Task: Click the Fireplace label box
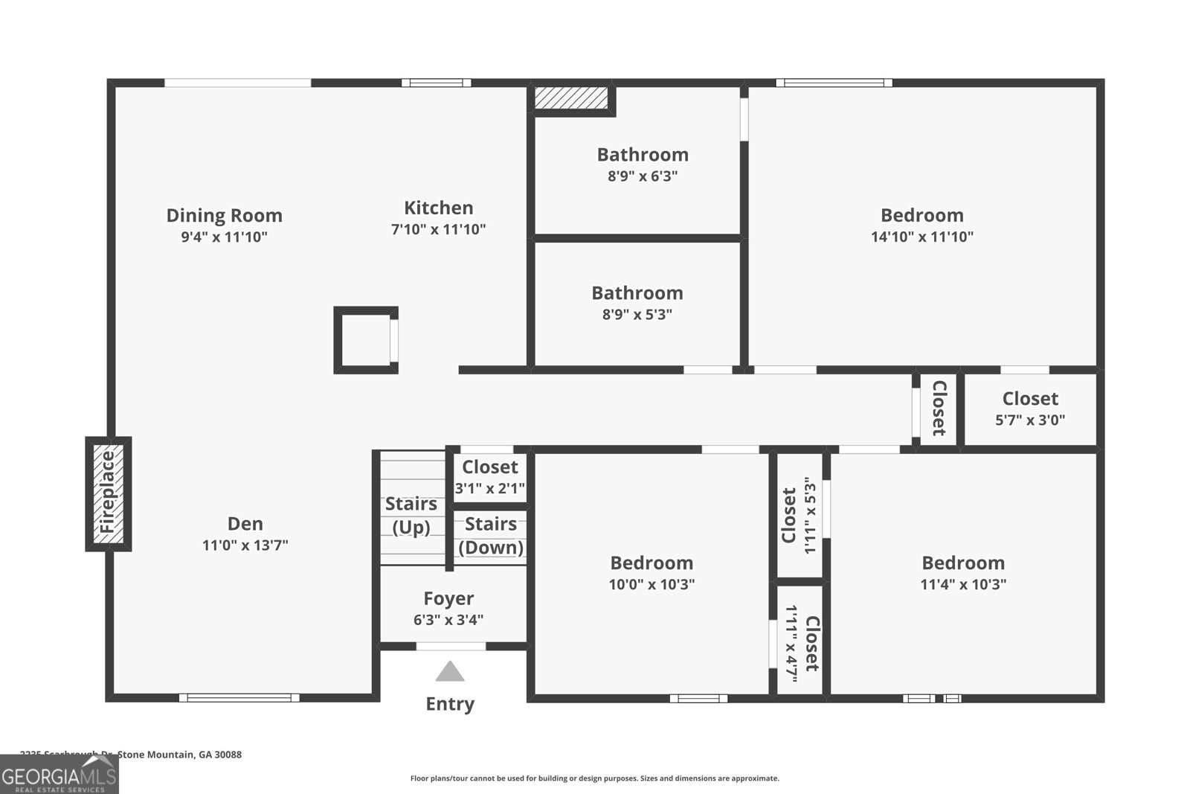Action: tap(109, 493)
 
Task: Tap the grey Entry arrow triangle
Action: tap(450, 672)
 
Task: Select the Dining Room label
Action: tap(224, 216)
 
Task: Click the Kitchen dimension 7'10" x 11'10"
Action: tap(438, 229)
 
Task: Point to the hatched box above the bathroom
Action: tap(571, 97)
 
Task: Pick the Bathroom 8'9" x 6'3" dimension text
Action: tap(643, 176)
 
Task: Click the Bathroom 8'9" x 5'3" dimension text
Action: tap(637, 315)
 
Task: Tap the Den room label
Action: tap(245, 524)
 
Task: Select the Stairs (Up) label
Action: tap(411, 515)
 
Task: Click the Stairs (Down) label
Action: tap(491, 536)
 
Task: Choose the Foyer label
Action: tap(448, 599)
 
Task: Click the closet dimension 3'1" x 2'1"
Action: tap(490, 488)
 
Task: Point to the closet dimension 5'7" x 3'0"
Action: tap(1030, 420)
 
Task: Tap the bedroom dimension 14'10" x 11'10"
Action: tap(922, 237)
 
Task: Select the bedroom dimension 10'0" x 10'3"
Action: tap(652, 584)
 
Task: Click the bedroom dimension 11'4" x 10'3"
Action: tap(963, 584)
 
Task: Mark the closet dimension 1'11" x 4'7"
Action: tap(792, 643)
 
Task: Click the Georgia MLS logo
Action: tap(59, 774)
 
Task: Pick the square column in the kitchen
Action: tap(365, 339)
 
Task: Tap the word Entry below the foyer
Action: tap(450, 704)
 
